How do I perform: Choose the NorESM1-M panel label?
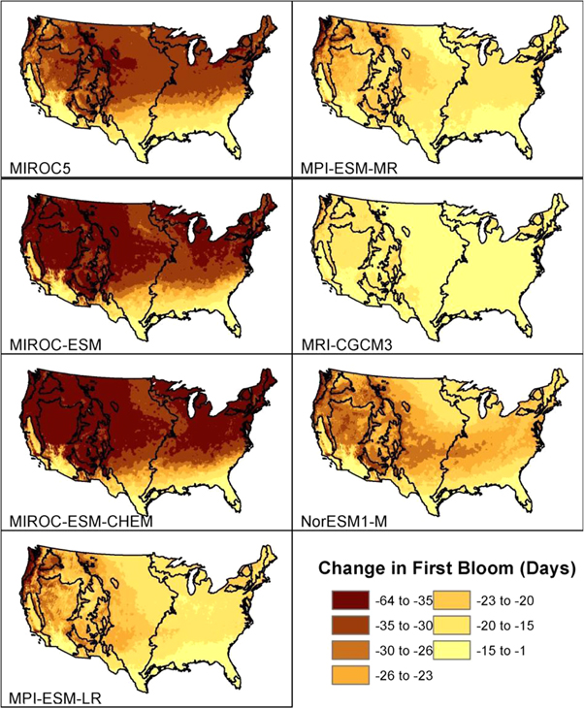(x=336, y=524)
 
